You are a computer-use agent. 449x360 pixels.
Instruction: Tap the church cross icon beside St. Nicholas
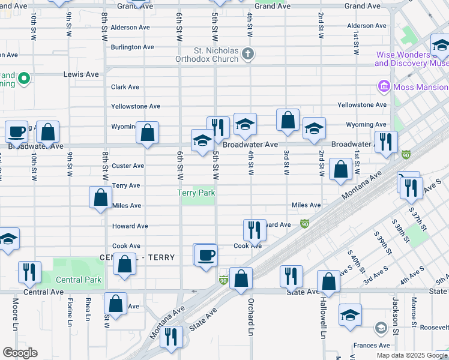(247, 55)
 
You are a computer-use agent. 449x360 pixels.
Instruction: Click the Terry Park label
(196, 193)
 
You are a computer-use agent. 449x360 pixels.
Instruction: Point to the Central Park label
(79, 280)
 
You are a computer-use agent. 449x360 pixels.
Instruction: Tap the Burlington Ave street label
(132, 47)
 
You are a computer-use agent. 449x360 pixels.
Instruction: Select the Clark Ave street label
(125, 87)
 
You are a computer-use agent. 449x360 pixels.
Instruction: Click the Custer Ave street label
(128, 166)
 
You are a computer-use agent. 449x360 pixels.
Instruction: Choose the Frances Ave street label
(372, 346)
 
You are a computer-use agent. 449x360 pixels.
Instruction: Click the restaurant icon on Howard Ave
(255, 229)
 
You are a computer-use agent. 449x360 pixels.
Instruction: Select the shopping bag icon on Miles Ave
(100, 196)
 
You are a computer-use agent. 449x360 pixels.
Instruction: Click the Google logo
(20, 353)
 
